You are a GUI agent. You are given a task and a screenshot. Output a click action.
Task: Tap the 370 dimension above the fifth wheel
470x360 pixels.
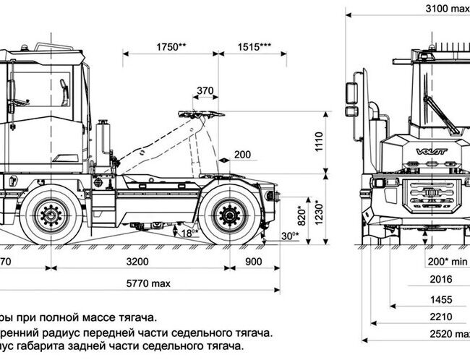(x=205, y=90)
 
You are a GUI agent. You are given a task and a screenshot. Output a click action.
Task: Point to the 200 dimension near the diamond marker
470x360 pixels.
(x=243, y=155)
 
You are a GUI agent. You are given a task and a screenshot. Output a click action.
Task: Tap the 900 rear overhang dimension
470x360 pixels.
(x=254, y=262)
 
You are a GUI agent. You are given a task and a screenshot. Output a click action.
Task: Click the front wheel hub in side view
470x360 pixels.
(x=51, y=214)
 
